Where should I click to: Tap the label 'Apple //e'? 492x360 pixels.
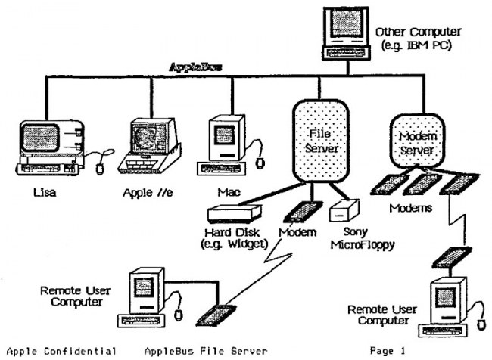151,193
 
